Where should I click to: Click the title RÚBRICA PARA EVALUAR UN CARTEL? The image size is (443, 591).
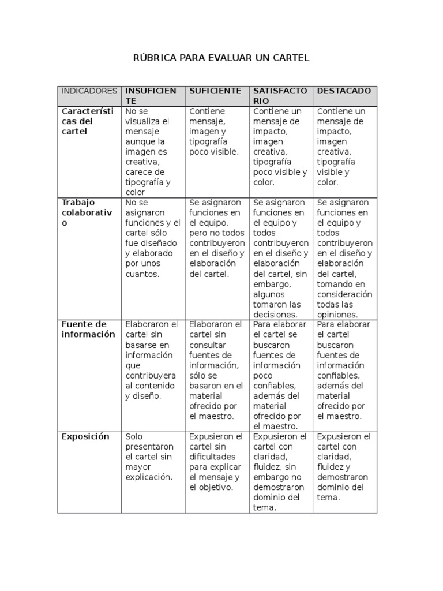[221, 58]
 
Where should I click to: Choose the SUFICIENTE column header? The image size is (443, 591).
[215, 91]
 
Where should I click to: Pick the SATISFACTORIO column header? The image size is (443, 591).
[280, 96]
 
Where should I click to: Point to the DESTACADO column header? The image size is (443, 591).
[344, 91]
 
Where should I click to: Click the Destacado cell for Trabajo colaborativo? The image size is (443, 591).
[345, 259]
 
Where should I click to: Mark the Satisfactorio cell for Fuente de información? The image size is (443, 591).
[280, 375]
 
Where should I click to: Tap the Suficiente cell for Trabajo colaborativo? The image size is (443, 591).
[216, 238]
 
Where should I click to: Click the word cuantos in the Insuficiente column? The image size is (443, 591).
[141, 274]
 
